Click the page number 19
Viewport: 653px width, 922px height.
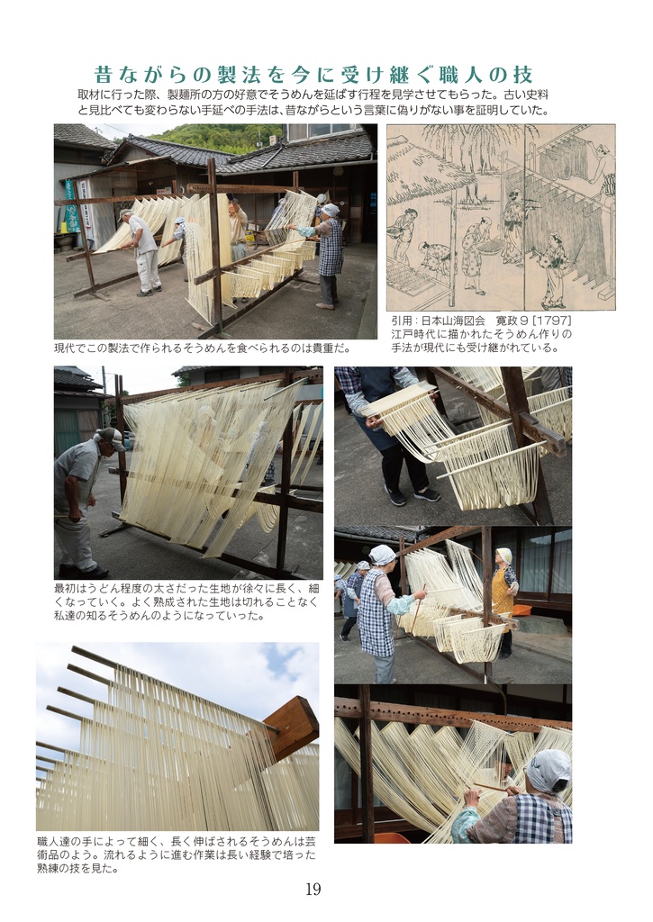coord(313,889)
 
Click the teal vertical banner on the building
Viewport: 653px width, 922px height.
coord(72,206)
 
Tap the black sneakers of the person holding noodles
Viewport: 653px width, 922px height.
coord(412,496)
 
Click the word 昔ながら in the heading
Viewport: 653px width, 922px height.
coord(143,75)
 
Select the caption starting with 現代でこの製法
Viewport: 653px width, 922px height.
coord(203,348)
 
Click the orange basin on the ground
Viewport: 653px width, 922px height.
coord(520,610)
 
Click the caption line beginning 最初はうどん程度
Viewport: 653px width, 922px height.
coord(186,588)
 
